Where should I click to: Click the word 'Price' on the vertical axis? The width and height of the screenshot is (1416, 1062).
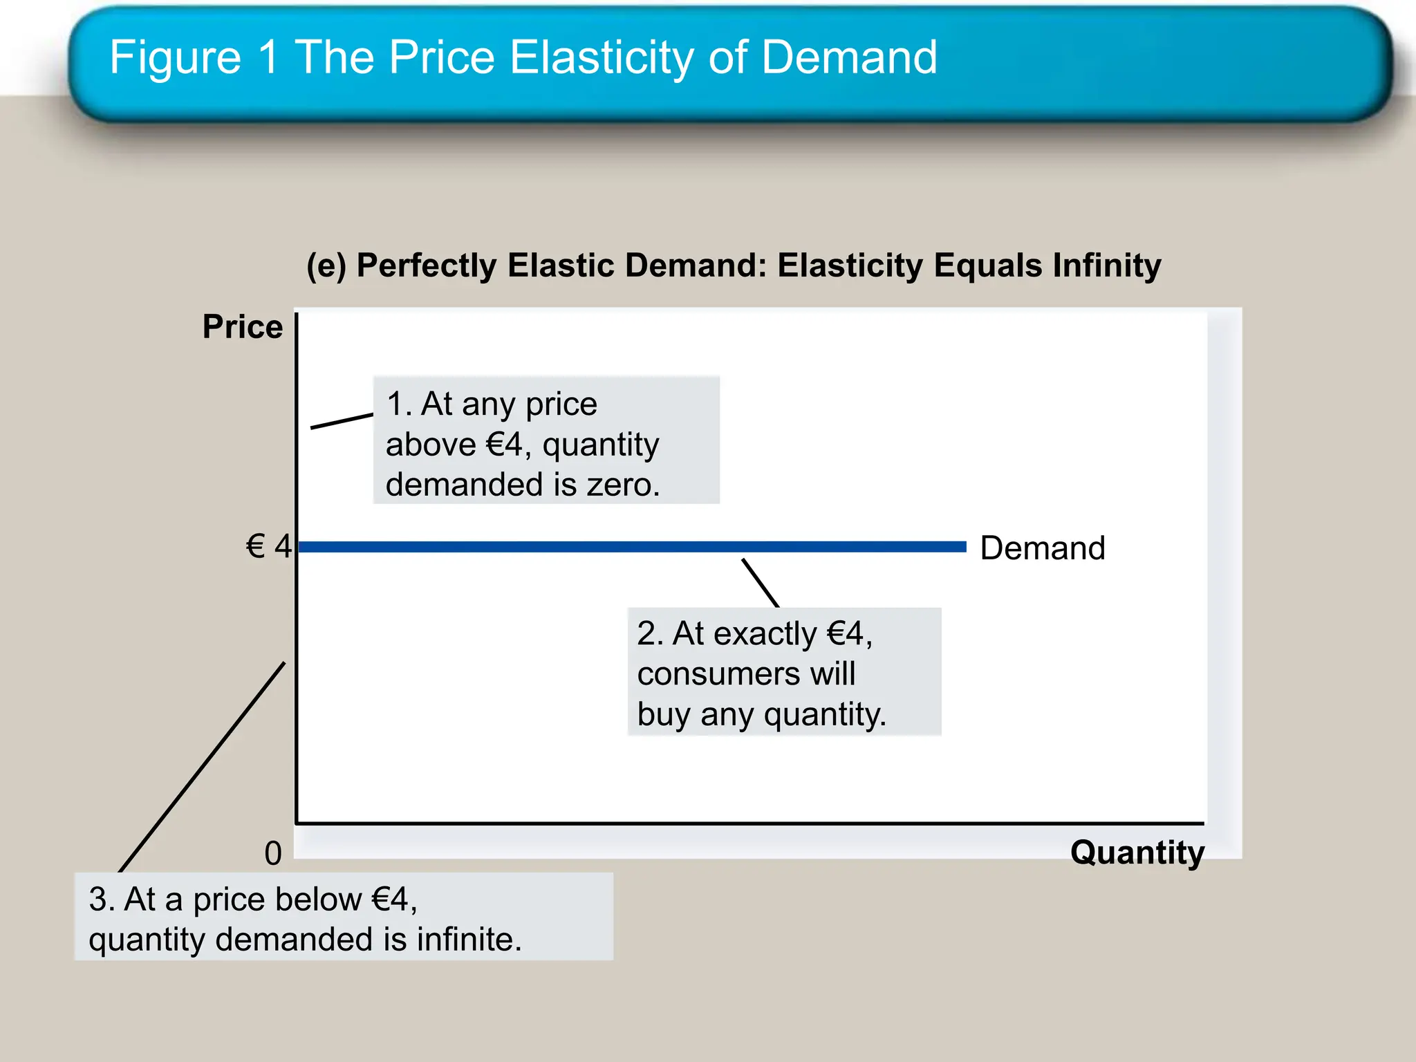pyautogui.click(x=243, y=327)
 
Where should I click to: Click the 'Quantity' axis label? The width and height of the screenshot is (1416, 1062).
pyautogui.click(x=1137, y=853)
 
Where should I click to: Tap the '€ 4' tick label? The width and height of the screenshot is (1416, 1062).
pyautogui.click(x=269, y=547)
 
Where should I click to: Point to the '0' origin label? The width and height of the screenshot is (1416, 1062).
pyautogui.click(x=273, y=854)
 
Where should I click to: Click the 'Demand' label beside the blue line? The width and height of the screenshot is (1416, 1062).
pyautogui.click(x=1043, y=548)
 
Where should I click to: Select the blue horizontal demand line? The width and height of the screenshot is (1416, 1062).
pyautogui.click(x=622, y=547)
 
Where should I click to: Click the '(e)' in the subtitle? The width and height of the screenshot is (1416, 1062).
pyautogui.click(x=326, y=266)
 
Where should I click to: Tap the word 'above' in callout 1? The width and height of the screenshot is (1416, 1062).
pyautogui.click(x=431, y=445)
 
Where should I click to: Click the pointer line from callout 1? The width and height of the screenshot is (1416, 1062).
pyautogui.click(x=342, y=421)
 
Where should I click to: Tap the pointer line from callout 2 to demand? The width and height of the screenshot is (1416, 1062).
pyautogui.click(x=761, y=583)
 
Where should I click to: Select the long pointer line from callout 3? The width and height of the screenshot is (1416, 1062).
pyautogui.click(x=202, y=767)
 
